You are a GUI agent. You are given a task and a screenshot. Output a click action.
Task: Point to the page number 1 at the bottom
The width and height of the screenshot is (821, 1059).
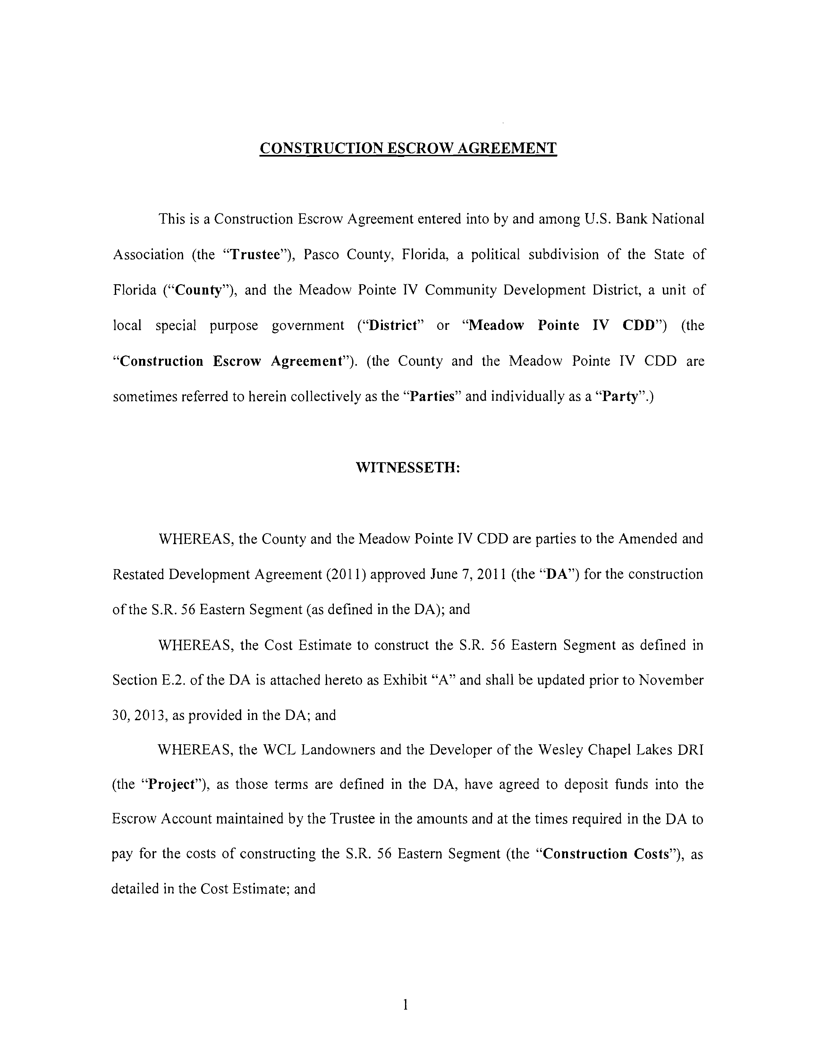pyautogui.click(x=406, y=1005)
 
